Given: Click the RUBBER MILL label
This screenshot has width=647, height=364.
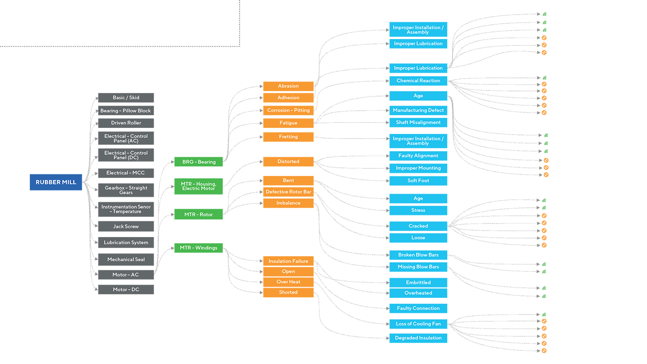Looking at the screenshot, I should tap(56, 183).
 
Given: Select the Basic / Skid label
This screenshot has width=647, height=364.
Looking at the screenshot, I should tap(126, 98).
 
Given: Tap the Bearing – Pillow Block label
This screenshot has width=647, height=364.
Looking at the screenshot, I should tap(125, 111).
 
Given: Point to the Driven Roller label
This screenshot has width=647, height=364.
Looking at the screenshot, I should tap(126, 123).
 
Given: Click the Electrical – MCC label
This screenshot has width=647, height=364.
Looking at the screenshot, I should tap(125, 173).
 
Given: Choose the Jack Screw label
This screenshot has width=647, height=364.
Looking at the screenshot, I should tap(126, 226).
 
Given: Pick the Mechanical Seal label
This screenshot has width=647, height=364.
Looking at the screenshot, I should tap(126, 259).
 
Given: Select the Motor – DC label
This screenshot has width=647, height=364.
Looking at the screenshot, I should tap(126, 290).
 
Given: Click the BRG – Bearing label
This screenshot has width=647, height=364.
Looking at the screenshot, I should tap(199, 162).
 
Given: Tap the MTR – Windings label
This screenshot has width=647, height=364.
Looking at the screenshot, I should tap(198, 248).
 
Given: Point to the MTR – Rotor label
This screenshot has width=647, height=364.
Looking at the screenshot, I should tap(198, 215).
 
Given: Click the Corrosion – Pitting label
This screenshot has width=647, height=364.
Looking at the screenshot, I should tap(288, 110).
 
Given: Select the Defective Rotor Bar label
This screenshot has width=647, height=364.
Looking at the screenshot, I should tap(288, 192).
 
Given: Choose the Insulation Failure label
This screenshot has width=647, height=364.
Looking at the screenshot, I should tap(288, 261).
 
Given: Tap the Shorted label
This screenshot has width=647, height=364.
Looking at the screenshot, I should tap(288, 292).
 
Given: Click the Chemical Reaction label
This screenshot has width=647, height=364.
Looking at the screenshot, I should tap(418, 81).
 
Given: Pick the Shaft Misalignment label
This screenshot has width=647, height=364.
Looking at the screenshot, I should tap(418, 122).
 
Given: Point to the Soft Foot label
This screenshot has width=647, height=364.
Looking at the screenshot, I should tap(418, 180).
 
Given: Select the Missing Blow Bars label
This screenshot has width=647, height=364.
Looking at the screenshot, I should tap(418, 267).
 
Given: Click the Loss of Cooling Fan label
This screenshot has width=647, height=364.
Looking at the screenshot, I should tap(418, 324).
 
